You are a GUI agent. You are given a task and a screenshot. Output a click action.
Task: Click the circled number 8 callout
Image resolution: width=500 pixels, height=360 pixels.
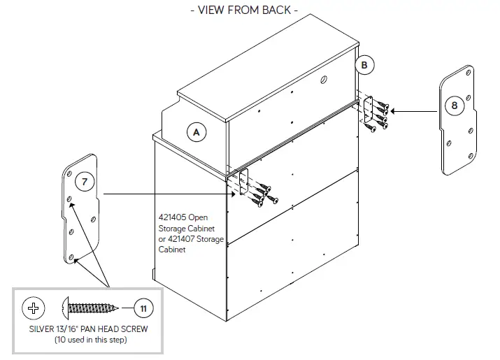click(455, 106)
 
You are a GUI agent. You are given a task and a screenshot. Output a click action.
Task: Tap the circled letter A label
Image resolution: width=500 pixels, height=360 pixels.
click(197, 131)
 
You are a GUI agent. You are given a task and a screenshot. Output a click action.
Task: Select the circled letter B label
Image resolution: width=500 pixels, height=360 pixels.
click(364, 65)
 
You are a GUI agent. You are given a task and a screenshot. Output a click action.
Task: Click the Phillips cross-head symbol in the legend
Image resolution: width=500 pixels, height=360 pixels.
click(34, 308)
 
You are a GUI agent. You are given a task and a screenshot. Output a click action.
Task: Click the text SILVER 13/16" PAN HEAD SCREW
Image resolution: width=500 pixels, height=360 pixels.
click(87, 329)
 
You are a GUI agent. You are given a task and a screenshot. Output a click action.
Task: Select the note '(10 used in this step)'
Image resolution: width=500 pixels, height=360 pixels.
click(87, 340)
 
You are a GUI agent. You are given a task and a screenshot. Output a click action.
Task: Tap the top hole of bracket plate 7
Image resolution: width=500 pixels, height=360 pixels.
click(73, 171)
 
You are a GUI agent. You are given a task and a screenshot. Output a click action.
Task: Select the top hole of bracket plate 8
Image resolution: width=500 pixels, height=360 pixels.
click(466, 75)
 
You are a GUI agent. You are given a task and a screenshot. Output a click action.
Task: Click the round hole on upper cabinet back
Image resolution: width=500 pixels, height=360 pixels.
click(323, 81)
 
